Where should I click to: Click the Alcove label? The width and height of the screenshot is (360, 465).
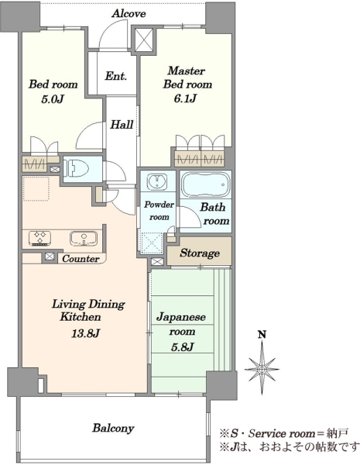click(x=129, y=14)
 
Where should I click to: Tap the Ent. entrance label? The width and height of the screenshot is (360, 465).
click(x=116, y=76)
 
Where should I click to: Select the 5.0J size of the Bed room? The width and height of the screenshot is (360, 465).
click(x=53, y=99)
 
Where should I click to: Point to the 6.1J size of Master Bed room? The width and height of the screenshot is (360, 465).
click(x=185, y=98)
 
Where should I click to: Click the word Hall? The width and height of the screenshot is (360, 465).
click(x=122, y=125)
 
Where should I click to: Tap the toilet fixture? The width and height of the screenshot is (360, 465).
click(x=77, y=169)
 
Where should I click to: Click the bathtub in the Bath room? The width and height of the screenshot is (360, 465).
click(x=206, y=184)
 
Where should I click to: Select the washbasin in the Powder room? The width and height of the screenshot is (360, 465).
click(x=157, y=181)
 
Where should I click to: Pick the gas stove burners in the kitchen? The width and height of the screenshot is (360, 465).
click(x=40, y=238)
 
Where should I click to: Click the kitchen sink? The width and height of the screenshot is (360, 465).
click(x=84, y=239)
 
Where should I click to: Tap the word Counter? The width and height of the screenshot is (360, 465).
click(x=81, y=259)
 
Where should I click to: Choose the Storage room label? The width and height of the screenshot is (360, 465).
click(x=200, y=253)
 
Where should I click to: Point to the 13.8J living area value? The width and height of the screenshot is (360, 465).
click(x=84, y=333)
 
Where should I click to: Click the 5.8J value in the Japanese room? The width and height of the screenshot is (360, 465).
click(x=182, y=346)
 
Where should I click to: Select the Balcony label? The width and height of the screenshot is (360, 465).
click(x=113, y=429)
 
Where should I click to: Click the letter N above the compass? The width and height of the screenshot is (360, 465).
click(x=262, y=335)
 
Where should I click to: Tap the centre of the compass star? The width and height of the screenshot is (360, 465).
click(x=262, y=370)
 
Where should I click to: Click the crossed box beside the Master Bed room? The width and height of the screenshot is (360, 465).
click(x=144, y=40)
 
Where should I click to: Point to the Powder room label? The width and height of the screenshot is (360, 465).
click(x=159, y=211)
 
